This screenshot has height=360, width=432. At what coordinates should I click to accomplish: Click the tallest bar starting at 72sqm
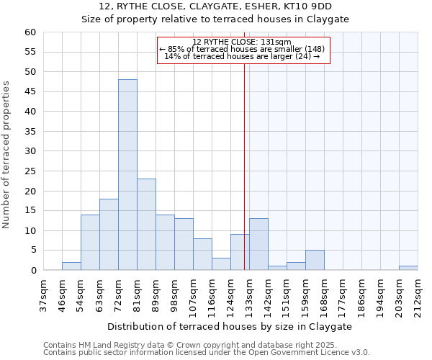127,175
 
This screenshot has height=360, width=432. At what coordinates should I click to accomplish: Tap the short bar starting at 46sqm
71,266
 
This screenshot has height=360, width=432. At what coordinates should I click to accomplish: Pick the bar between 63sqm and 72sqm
109,235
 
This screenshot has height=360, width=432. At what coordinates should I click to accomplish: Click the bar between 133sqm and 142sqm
258,245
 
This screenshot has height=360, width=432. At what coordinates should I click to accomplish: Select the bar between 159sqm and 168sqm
315,261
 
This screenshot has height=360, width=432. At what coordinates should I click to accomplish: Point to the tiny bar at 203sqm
408,268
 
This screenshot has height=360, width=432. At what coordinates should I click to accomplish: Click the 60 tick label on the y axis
30,32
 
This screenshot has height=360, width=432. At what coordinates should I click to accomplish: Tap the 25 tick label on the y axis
30,171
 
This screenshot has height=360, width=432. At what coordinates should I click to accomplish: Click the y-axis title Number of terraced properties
7,154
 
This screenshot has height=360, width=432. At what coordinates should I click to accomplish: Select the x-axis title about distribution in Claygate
230,326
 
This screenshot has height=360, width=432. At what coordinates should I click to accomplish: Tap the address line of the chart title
215,6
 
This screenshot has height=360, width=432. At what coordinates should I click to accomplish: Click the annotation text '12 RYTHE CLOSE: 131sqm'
242,42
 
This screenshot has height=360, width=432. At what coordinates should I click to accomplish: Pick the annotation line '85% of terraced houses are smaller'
242,49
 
